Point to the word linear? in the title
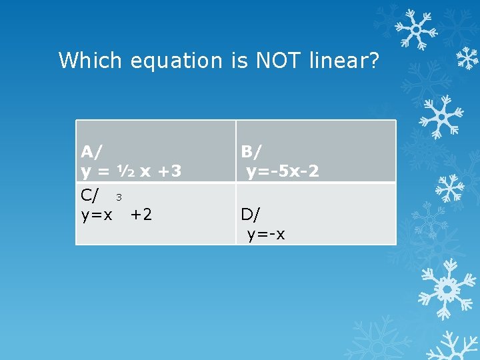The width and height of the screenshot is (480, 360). [x=344, y=61]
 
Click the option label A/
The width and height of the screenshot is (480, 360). [x=91, y=151]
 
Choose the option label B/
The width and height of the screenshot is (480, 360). [x=252, y=151]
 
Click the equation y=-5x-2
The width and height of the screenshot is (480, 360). [x=283, y=171]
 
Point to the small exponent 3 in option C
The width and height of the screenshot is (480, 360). [x=119, y=197]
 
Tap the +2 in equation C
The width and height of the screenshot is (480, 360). [x=141, y=215]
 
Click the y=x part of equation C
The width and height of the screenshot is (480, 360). [x=97, y=215]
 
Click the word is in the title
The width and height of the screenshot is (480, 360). [x=239, y=61]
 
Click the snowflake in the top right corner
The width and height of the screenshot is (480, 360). [x=415, y=30]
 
